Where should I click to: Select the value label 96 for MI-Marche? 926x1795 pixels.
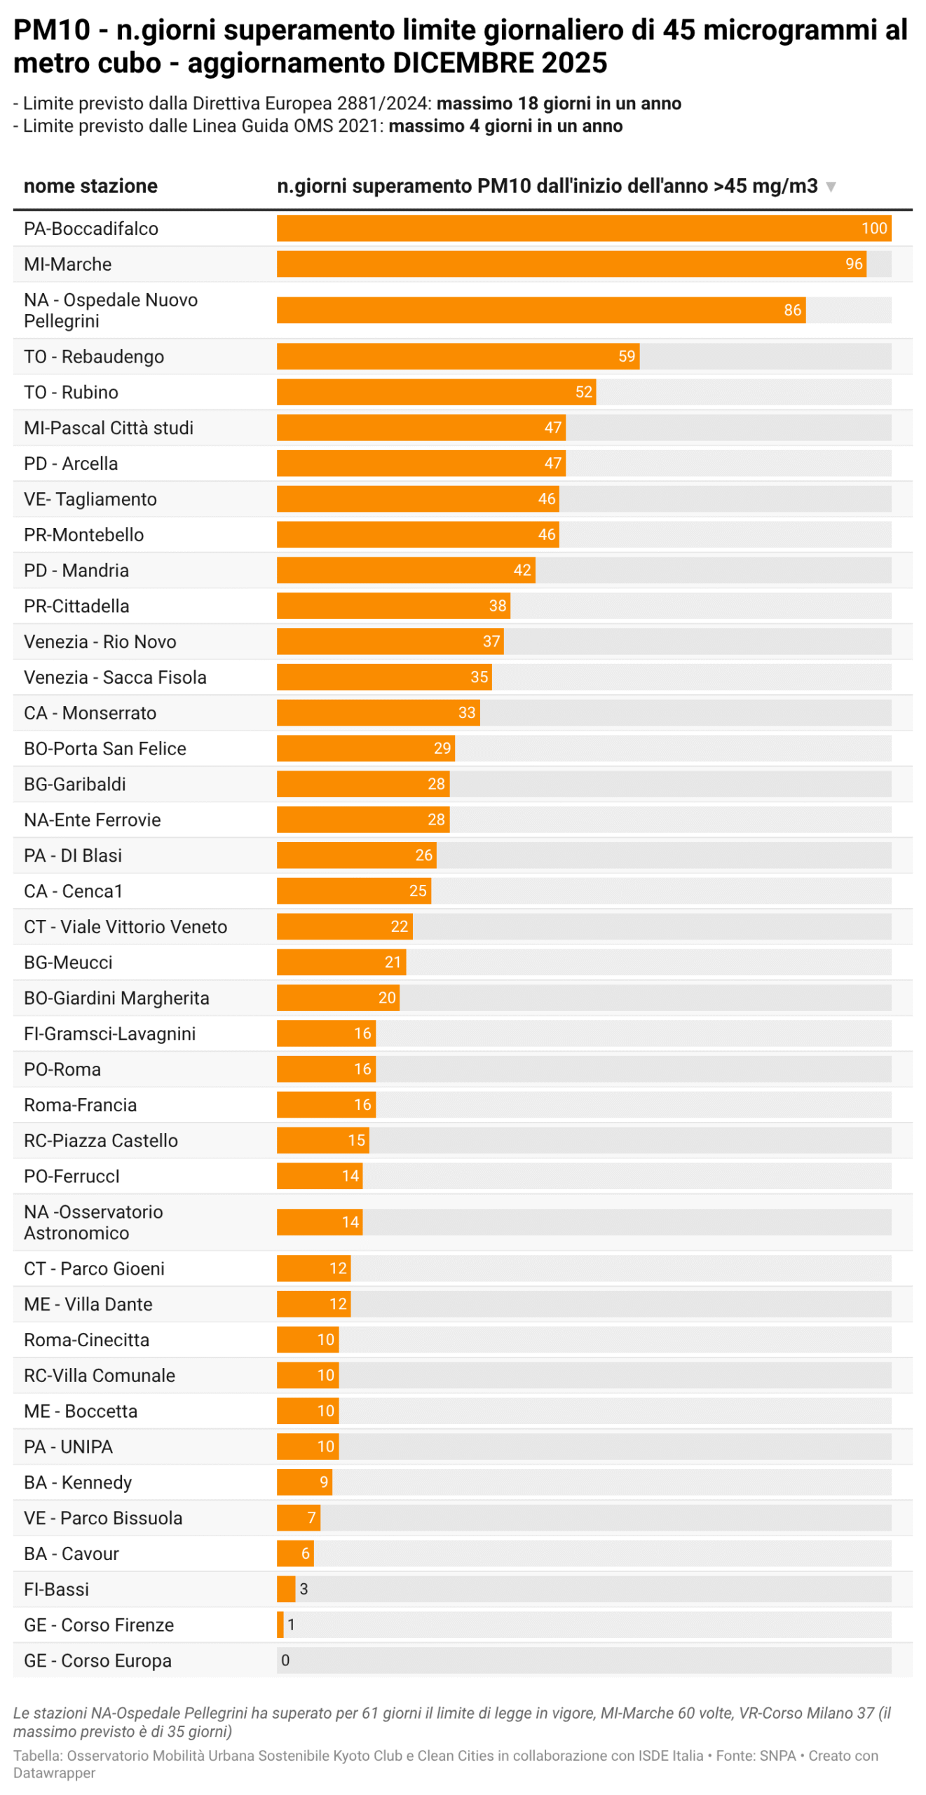point(853,264)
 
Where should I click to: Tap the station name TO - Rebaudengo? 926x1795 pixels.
point(94,356)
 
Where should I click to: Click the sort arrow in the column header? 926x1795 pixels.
point(831,187)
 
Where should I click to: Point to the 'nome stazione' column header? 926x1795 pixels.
point(90,186)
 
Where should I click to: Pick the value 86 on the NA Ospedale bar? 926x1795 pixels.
point(792,310)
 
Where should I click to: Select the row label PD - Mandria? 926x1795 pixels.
point(76,570)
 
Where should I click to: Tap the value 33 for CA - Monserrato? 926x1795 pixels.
point(467,712)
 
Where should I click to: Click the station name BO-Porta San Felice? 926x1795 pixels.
point(105,748)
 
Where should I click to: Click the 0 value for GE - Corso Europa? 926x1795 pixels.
point(285,1660)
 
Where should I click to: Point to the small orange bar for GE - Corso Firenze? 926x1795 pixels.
point(280,1624)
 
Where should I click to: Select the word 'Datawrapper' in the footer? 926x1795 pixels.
point(54,1773)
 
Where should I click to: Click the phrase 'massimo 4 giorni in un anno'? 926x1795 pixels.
point(505,126)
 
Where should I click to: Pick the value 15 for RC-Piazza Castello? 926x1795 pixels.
point(356,1140)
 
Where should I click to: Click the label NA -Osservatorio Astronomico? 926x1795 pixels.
point(93,1221)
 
